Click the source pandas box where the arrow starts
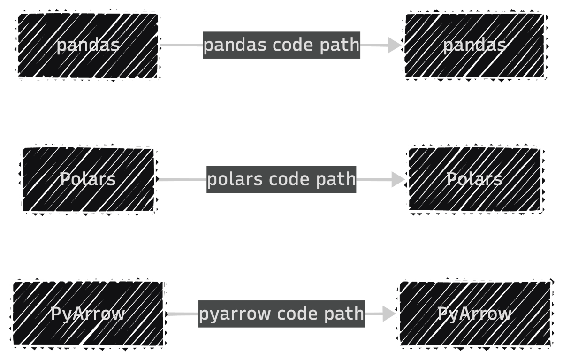(x=88, y=46)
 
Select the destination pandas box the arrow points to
(x=474, y=46)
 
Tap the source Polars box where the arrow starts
(x=88, y=179)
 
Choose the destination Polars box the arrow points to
(x=474, y=179)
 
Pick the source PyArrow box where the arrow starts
(x=88, y=314)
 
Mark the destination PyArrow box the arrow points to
(x=474, y=314)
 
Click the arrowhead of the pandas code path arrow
(x=395, y=46)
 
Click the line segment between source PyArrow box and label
(x=182, y=314)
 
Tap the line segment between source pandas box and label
(x=181, y=46)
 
